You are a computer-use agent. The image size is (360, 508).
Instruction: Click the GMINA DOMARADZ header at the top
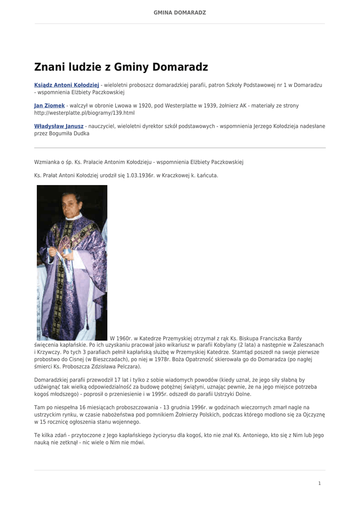click(180, 12)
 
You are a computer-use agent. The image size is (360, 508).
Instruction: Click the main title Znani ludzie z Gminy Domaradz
click(121, 67)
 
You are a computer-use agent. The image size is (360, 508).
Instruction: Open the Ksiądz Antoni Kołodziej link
click(67, 85)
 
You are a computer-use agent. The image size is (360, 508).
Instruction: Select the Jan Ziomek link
click(49, 106)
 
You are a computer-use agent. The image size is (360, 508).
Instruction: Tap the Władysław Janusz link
click(59, 126)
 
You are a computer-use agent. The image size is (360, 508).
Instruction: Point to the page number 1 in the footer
click(320, 483)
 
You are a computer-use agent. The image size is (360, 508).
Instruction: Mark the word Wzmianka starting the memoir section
click(47, 162)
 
